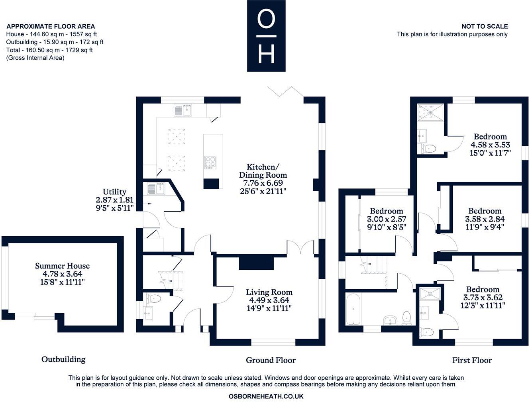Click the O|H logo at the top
[x=266, y=36]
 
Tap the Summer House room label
[x=62, y=266]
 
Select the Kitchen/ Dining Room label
[x=263, y=171]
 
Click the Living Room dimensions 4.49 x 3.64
[x=269, y=300]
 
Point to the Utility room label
[x=114, y=192]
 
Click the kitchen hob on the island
[x=210, y=162]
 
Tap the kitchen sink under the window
[x=183, y=110]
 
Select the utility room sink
[x=156, y=188]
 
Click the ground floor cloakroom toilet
[x=153, y=298]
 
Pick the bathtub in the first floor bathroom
[x=353, y=309]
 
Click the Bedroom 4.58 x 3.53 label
[x=490, y=137]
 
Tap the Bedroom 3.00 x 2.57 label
[x=386, y=211]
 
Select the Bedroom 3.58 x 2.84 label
[x=485, y=211]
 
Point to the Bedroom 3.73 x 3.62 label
[x=483, y=290]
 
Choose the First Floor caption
[x=472, y=360]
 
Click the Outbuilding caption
[x=63, y=359]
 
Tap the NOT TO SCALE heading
[x=485, y=26]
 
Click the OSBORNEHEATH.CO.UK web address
[x=266, y=396]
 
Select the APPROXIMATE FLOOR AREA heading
[x=51, y=26]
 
